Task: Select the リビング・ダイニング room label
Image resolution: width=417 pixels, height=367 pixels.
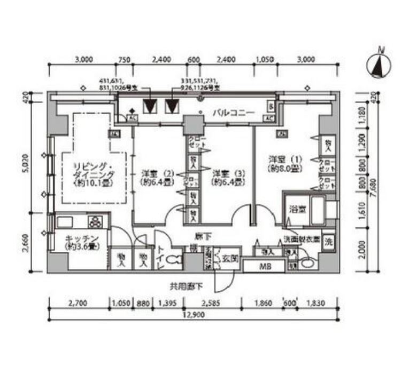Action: click(x=94, y=174)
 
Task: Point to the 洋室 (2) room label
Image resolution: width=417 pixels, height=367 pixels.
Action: click(x=155, y=177)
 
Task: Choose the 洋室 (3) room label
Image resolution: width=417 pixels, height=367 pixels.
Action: click(x=227, y=177)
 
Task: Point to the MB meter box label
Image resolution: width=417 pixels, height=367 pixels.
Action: click(x=264, y=265)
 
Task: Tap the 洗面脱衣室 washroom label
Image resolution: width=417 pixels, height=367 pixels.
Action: click(x=302, y=240)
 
